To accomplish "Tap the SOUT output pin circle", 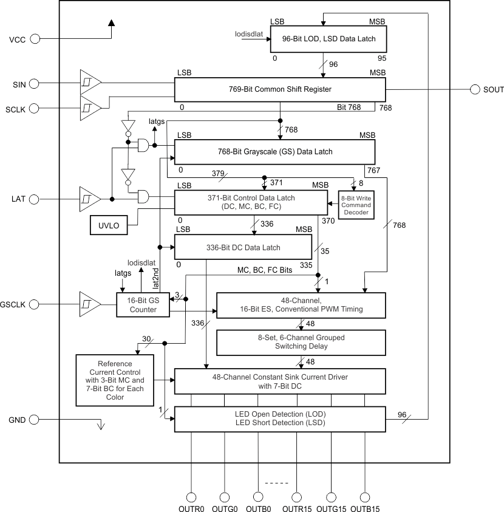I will coord(475,89).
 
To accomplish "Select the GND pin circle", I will coord(35,420).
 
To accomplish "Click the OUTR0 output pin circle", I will coord(191,496).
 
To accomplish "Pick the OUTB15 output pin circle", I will coord(366,496).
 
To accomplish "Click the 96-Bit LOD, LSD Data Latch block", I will coord(329,38).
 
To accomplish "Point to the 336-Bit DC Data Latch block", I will coord(244,248).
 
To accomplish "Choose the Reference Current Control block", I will coord(115,380).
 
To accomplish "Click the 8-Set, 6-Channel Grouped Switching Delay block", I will coord(301,343).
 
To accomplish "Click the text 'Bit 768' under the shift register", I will coord(350,108).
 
